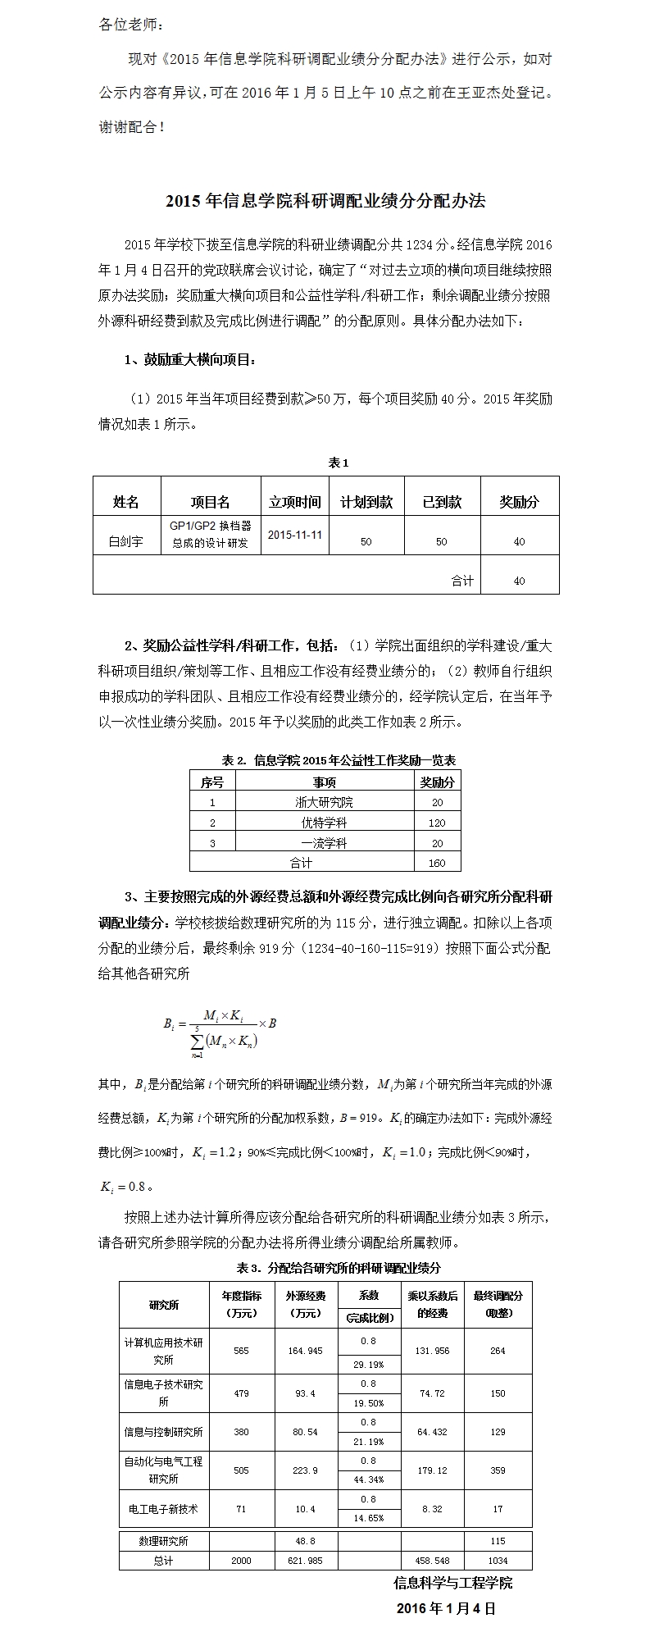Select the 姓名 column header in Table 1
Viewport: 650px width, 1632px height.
(126, 502)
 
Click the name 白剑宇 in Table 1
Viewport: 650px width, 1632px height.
(126, 541)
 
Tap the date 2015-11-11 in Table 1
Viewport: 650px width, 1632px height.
(295, 534)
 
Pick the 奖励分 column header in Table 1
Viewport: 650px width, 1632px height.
(519, 502)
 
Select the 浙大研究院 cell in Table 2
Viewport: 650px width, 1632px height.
(324, 803)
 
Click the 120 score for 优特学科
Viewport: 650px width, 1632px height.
(437, 823)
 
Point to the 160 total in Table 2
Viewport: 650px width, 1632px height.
(437, 862)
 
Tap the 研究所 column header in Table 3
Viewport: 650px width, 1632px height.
(163, 1305)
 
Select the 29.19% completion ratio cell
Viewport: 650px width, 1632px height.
(368, 1365)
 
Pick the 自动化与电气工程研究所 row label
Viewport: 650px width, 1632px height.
(163, 1470)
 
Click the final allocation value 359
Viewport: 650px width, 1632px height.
(498, 1470)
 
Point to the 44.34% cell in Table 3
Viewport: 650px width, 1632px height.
(368, 1479)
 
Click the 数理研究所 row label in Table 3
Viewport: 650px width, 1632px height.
(163, 1541)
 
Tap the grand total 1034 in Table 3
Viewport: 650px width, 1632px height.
(498, 1561)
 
